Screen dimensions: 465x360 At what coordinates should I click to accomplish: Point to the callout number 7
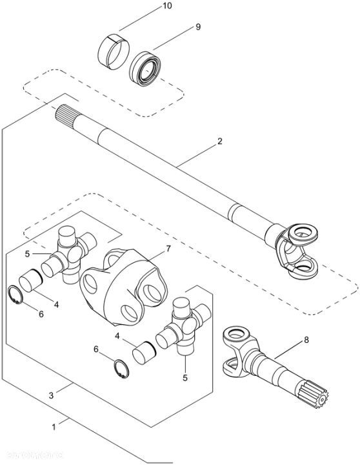click(x=168, y=248)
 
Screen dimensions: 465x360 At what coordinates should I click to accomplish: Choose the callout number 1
click(x=55, y=426)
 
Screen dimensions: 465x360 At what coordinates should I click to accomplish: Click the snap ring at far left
click(x=19, y=296)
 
